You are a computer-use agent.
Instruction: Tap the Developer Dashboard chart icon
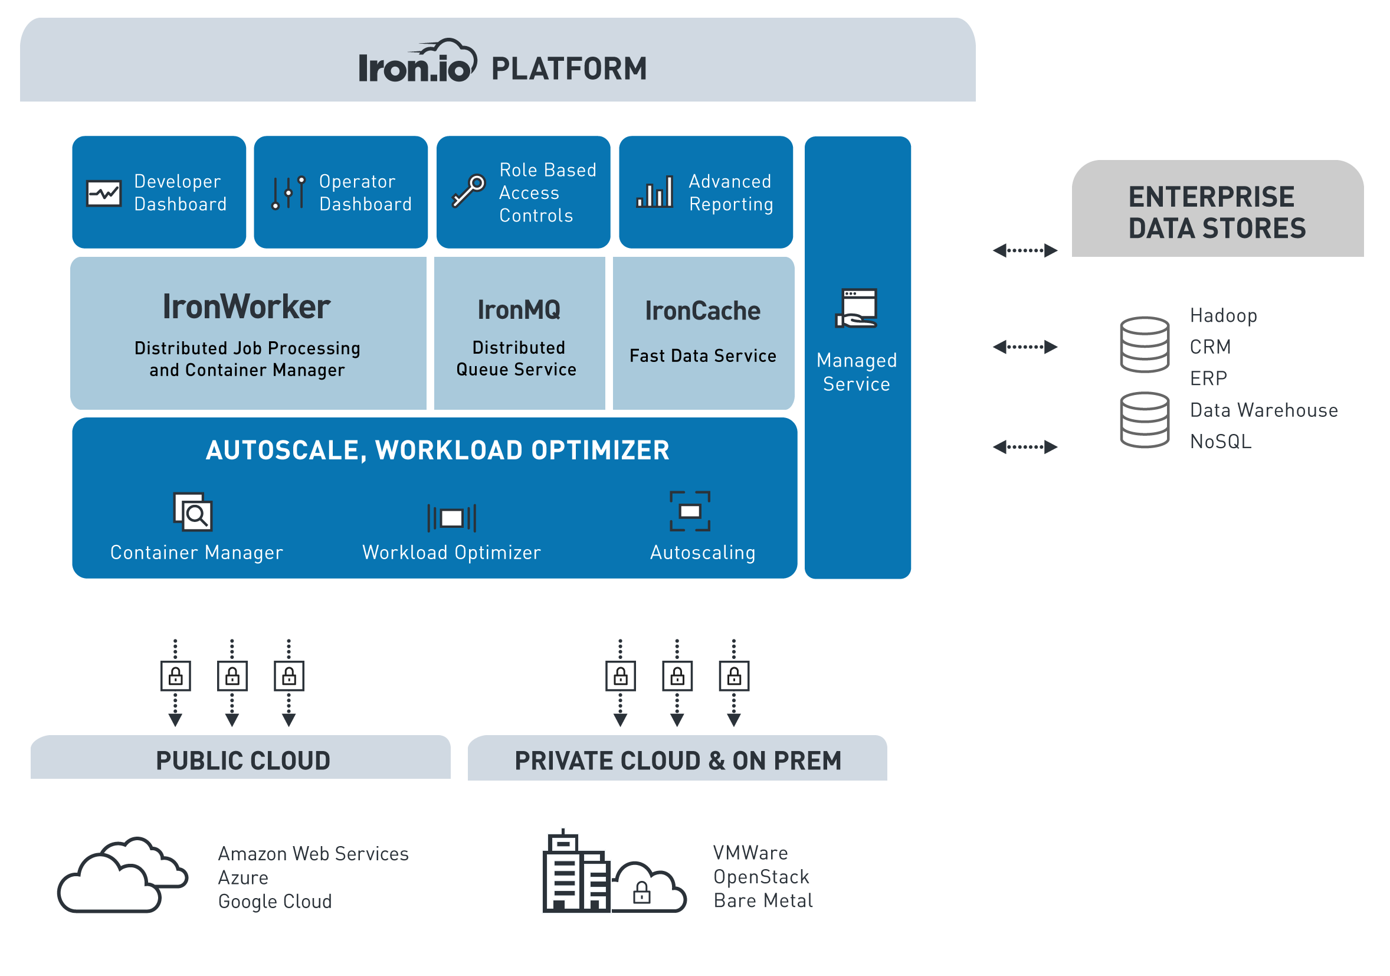click(103, 194)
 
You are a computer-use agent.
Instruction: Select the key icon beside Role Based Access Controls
click(468, 191)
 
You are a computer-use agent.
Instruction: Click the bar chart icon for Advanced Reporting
click(654, 192)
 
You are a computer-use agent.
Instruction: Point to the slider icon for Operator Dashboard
click(289, 193)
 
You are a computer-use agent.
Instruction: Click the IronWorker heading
click(247, 306)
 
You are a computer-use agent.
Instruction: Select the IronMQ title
click(519, 309)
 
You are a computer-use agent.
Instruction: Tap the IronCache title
click(702, 311)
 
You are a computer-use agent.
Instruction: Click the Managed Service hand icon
click(856, 308)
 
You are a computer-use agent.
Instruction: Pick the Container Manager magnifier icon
click(193, 512)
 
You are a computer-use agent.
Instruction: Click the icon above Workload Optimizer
click(451, 518)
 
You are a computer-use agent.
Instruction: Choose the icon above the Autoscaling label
click(690, 511)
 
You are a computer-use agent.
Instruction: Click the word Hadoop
click(1224, 316)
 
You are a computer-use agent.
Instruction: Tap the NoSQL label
click(1221, 442)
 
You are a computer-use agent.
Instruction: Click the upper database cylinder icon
click(1144, 345)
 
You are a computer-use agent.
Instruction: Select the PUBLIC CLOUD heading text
click(242, 761)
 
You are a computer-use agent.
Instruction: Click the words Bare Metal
click(763, 901)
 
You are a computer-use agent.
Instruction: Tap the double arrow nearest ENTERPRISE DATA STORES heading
click(1025, 250)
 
